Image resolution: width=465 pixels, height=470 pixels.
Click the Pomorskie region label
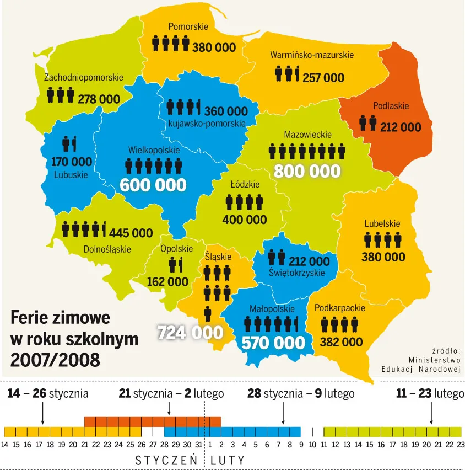pyautogui.click(x=188, y=26)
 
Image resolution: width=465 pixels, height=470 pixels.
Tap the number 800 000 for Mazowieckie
pyautogui.click(x=307, y=171)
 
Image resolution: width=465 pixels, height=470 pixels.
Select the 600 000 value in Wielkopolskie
pyautogui.click(x=153, y=185)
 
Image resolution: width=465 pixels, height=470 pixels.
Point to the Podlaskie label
pyautogui.click(x=391, y=106)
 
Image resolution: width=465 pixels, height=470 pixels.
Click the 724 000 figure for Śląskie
pyautogui.click(x=191, y=333)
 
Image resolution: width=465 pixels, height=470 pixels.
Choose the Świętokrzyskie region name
pyautogui.click(x=296, y=273)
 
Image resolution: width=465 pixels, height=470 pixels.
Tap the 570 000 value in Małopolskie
pyautogui.click(x=273, y=343)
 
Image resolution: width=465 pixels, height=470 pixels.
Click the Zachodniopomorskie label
pyautogui.click(x=84, y=78)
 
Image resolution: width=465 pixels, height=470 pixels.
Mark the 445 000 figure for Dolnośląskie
pyautogui.click(x=131, y=233)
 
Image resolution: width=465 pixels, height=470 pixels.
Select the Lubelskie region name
pyautogui.click(x=382, y=224)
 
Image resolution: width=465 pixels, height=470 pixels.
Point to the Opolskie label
pyautogui.click(x=176, y=249)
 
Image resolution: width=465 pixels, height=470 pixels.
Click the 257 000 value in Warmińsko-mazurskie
pyautogui.click(x=323, y=78)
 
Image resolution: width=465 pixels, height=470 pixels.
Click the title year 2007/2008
pyautogui.click(x=55, y=360)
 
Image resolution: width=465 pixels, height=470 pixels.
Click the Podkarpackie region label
pyautogui.click(x=339, y=308)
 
